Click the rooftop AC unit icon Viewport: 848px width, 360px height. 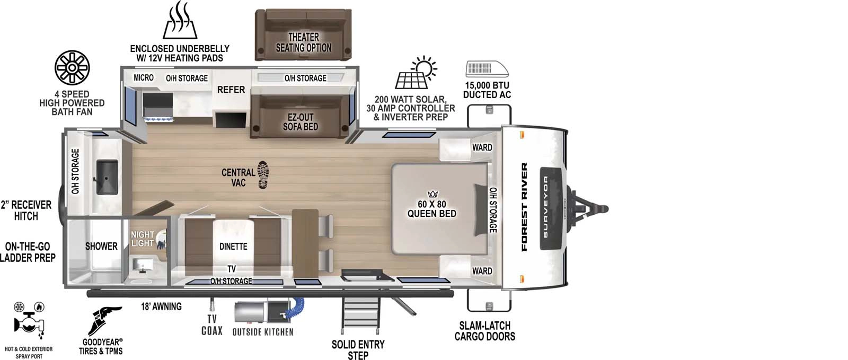pos(486,69)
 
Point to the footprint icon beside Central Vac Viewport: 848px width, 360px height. pos(263,175)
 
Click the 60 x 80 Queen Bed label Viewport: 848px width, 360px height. pos(432,208)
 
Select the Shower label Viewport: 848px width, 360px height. pos(101,247)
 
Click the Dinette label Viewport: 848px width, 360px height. pos(233,247)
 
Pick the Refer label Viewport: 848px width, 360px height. pos(231,90)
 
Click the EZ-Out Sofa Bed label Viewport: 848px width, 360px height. pos(301,121)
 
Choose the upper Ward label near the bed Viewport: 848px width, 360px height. pos(482,147)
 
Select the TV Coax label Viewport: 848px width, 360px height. pos(211,324)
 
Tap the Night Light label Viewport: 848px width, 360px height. pos(142,239)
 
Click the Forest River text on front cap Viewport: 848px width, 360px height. pos(525,207)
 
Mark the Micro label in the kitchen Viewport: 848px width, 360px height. pos(143,77)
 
